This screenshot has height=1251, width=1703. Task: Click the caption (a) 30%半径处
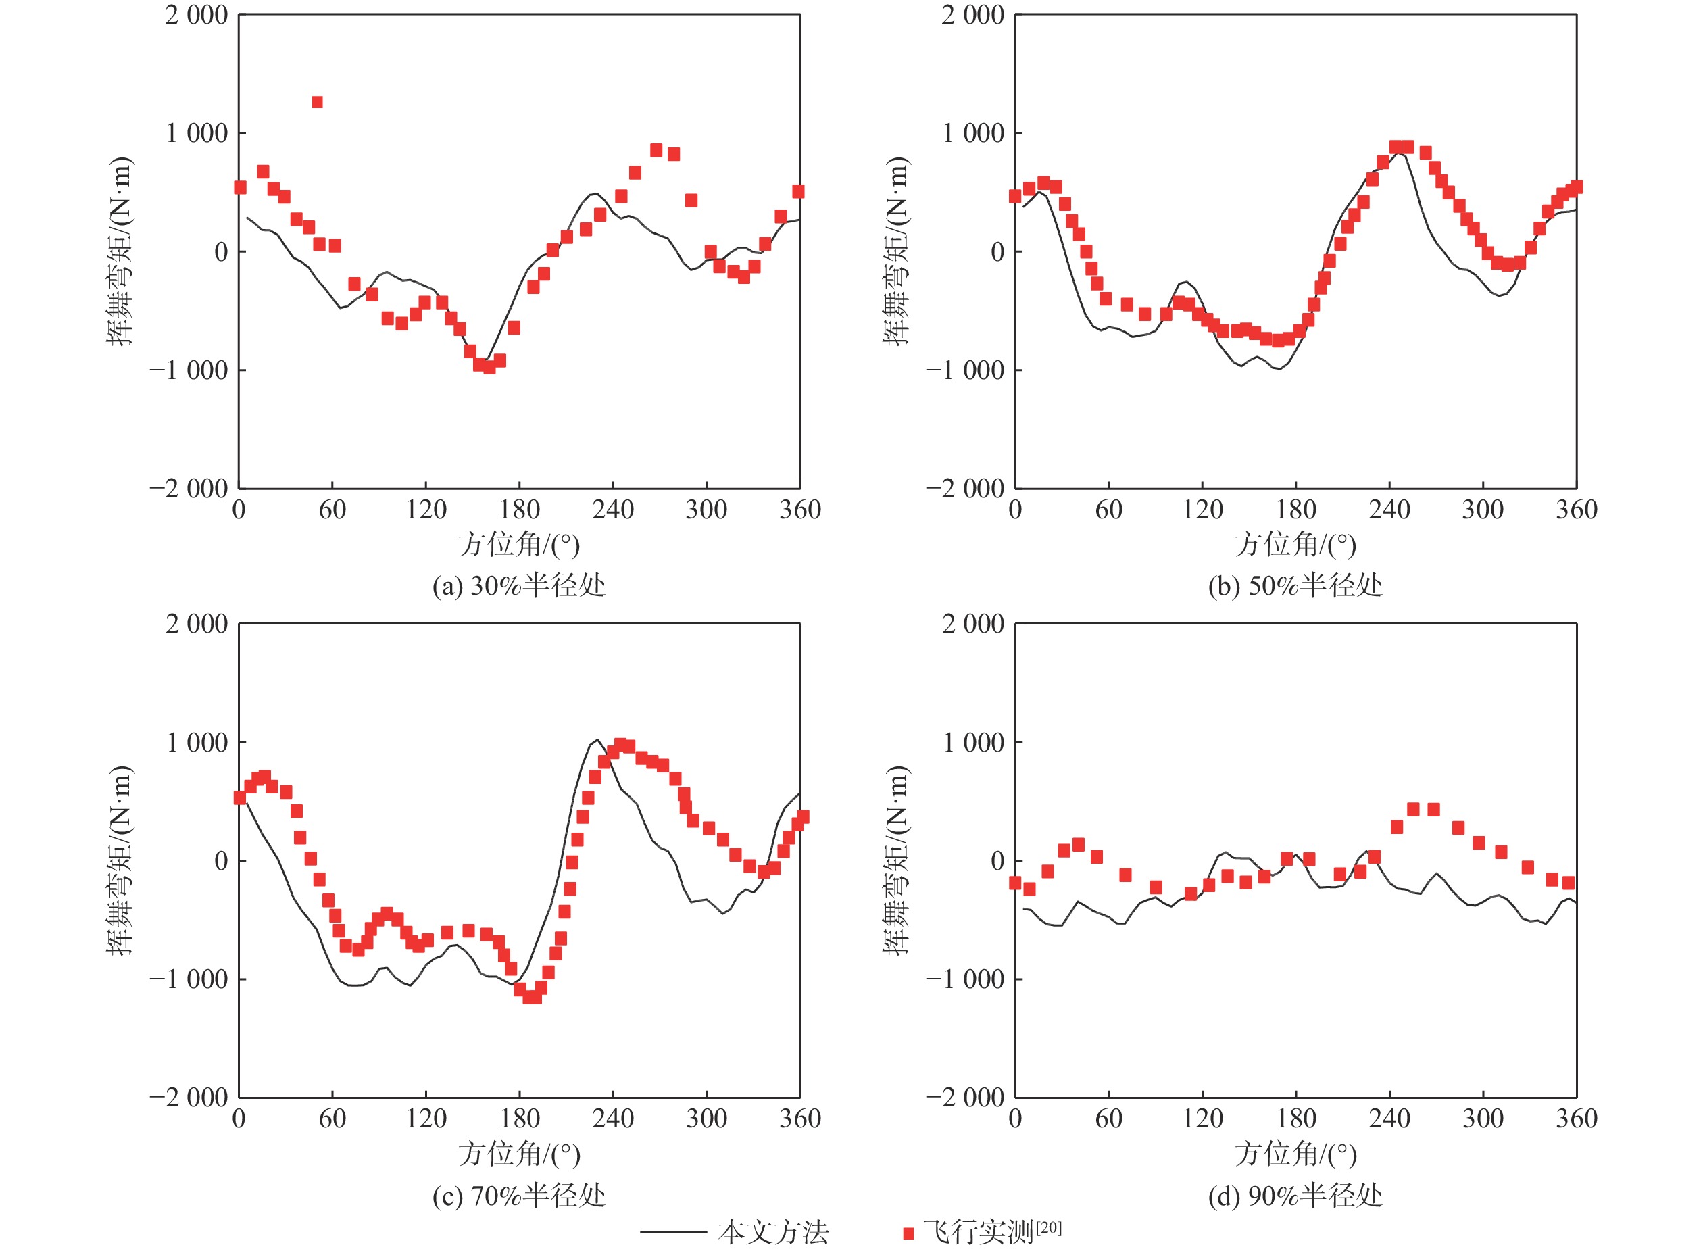(519, 585)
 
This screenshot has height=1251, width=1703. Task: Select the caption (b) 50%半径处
(1295, 585)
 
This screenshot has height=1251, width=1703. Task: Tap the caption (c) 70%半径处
(519, 1195)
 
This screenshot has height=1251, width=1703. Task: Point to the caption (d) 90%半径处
(1295, 1195)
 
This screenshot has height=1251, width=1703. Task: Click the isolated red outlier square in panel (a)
(317, 102)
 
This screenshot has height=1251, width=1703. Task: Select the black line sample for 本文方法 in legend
(672, 1232)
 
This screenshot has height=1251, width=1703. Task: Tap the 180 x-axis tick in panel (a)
(520, 510)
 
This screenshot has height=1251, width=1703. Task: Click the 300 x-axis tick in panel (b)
(1483, 510)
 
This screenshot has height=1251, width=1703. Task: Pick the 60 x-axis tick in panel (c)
(332, 1119)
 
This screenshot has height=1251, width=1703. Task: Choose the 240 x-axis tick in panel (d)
(1389, 1119)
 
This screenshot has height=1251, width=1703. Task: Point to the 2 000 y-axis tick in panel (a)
(196, 14)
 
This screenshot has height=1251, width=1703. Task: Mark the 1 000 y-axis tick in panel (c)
(197, 742)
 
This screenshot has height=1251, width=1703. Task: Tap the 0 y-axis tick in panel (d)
(997, 860)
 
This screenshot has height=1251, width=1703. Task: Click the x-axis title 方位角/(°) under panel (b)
(1295, 545)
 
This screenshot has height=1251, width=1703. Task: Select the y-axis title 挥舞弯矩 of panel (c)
(120, 860)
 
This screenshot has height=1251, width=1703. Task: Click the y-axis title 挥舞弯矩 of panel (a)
(120, 251)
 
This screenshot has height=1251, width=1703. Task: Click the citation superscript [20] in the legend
(1048, 1227)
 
